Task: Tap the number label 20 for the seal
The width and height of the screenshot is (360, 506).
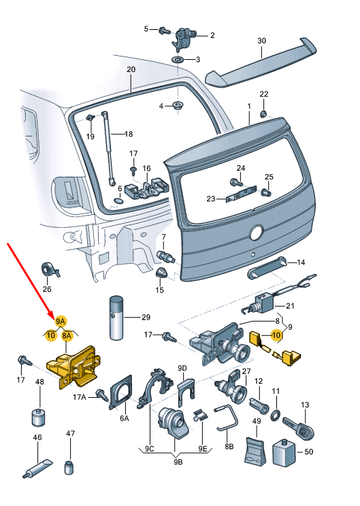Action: pyautogui.click(x=131, y=69)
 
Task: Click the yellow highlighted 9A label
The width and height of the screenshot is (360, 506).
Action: pyautogui.click(x=61, y=320)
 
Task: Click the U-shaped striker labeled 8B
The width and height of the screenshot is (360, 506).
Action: pyautogui.click(x=227, y=418)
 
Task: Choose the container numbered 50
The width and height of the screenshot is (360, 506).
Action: pyautogui.click(x=282, y=453)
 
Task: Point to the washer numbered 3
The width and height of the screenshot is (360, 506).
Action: pyautogui.click(x=176, y=61)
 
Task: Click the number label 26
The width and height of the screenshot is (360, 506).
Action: pyautogui.click(x=46, y=289)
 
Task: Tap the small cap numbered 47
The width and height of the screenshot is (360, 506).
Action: pyautogui.click(x=69, y=467)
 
